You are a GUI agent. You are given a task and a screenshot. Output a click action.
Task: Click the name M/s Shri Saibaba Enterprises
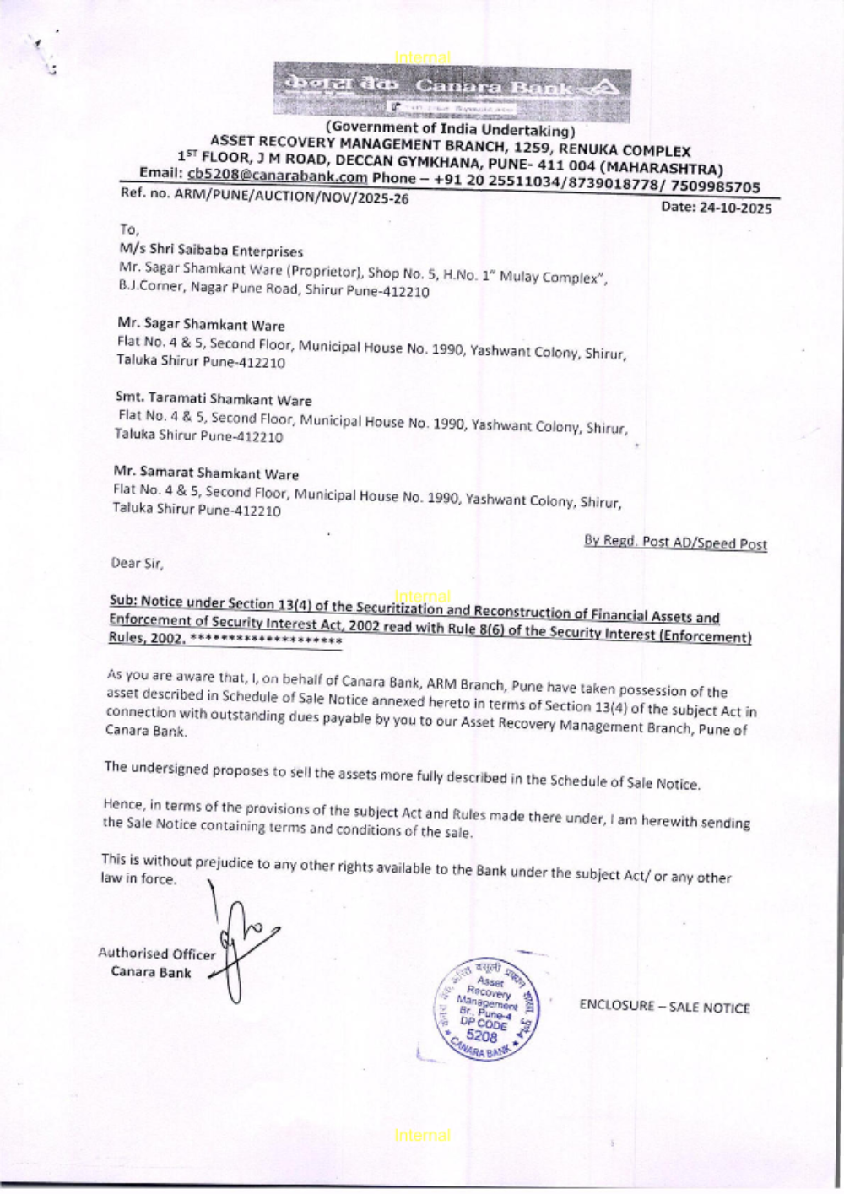[x=211, y=251]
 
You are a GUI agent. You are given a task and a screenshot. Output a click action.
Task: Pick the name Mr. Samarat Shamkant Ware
[x=206, y=473]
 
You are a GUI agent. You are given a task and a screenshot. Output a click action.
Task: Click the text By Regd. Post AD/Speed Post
[x=675, y=543]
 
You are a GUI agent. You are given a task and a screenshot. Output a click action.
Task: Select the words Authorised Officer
[x=157, y=954]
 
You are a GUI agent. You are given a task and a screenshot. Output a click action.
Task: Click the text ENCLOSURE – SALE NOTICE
[x=664, y=1007]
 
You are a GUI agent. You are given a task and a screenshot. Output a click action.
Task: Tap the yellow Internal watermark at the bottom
[x=422, y=1136]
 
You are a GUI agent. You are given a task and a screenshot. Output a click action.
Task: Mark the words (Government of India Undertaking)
[x=451, y=129]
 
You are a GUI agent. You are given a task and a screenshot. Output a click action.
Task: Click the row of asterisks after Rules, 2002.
[x=266, y=640]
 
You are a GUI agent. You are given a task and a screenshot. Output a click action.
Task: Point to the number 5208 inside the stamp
[x=482, y=1035]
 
